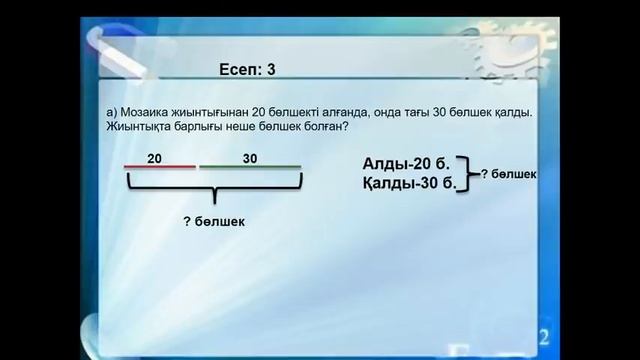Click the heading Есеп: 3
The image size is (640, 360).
tap(246, 70)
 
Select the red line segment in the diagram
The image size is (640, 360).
tap(160, 167)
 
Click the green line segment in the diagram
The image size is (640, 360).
tap(250, 167)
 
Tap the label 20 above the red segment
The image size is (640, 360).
tap(154, 158)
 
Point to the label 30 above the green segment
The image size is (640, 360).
tap(250, 158)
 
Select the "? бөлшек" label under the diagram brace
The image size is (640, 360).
tap(214, 221)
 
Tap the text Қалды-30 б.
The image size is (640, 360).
tap(409, 183)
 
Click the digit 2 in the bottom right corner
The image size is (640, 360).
tap(544, 335)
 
